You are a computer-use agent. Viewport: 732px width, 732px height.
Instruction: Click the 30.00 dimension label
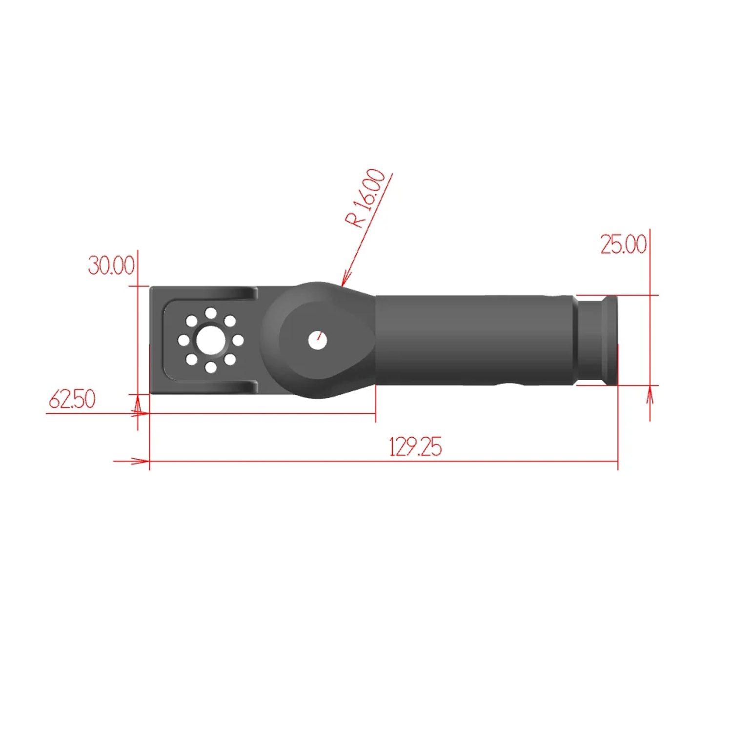(111, 265)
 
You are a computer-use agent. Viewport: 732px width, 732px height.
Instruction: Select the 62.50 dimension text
(72, 399)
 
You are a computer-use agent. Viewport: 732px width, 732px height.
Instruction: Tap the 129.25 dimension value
(415, 447)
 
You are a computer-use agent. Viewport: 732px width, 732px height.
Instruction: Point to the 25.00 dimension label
(623, 244)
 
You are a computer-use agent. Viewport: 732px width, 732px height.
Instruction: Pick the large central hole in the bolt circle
(211, 340)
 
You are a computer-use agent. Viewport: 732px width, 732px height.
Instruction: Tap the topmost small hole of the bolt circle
(211, 313)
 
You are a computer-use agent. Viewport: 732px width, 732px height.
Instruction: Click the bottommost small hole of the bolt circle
(211, 367)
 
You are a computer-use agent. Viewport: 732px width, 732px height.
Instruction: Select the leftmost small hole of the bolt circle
(183, 340)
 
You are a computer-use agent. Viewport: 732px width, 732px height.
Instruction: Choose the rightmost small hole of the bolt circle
(238, 340)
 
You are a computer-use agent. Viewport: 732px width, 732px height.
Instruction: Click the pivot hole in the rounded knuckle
(318, 341)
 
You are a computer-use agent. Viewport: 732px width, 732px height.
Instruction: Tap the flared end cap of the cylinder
(610, 340)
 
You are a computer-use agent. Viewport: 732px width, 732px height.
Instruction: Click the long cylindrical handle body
(473, 340)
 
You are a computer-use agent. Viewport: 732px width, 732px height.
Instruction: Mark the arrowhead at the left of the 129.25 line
(142, 461)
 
